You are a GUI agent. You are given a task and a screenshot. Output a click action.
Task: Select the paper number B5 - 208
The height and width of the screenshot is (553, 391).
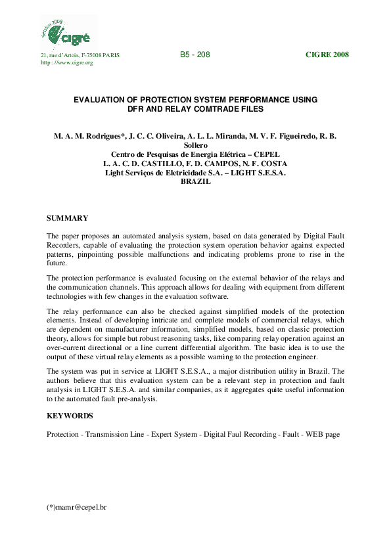(x=195, y=55)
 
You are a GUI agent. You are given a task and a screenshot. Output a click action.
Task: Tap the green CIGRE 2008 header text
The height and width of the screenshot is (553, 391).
(x=327, y=55)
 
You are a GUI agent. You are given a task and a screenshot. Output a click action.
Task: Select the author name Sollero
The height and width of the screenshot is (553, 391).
(x=195, y=145)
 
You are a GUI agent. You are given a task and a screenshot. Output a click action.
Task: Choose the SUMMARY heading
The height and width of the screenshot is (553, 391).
(x=68, y=217)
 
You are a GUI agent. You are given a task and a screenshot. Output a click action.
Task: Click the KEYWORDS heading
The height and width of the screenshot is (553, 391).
(x=70, y=416)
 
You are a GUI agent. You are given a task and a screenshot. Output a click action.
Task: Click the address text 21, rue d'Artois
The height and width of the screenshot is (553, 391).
(x=60, y=55)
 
